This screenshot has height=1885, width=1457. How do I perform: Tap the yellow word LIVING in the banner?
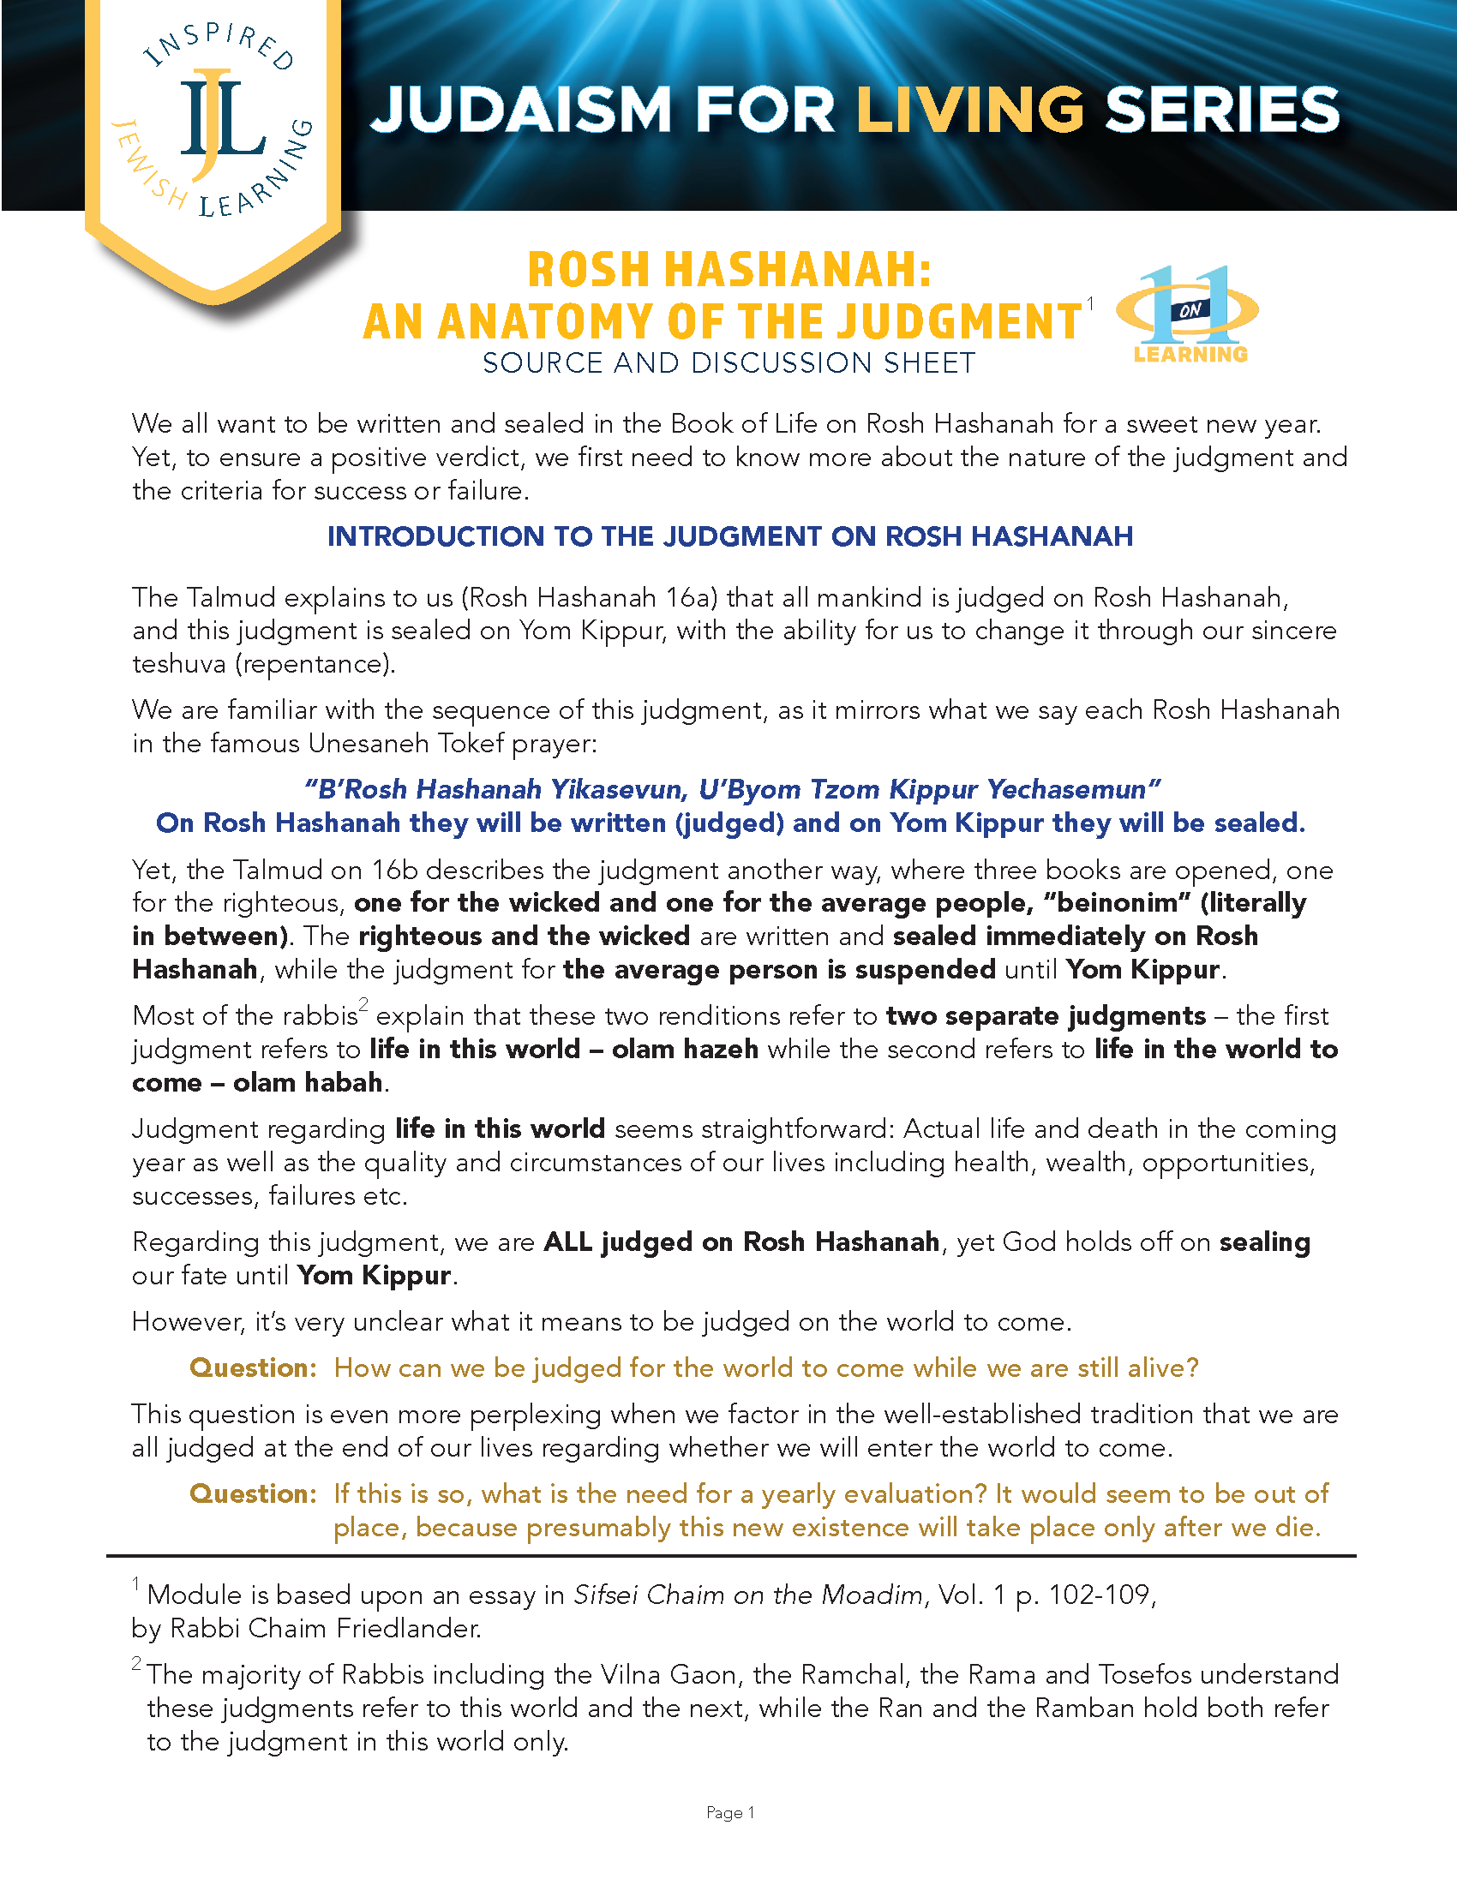(x=969, y=111)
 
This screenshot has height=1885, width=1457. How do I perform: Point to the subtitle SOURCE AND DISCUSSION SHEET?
(x=728, y=363)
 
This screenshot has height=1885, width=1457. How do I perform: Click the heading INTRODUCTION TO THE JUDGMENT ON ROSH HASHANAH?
(x=729, y=536)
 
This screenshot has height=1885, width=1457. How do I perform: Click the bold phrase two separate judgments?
(x=1046, y=1016)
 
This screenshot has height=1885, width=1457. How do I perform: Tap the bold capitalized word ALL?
(x=567, y=1242)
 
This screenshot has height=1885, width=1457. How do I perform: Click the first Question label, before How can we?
(x=253, y=1368)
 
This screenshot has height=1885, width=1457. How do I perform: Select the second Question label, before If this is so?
(x=253, y=1494)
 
